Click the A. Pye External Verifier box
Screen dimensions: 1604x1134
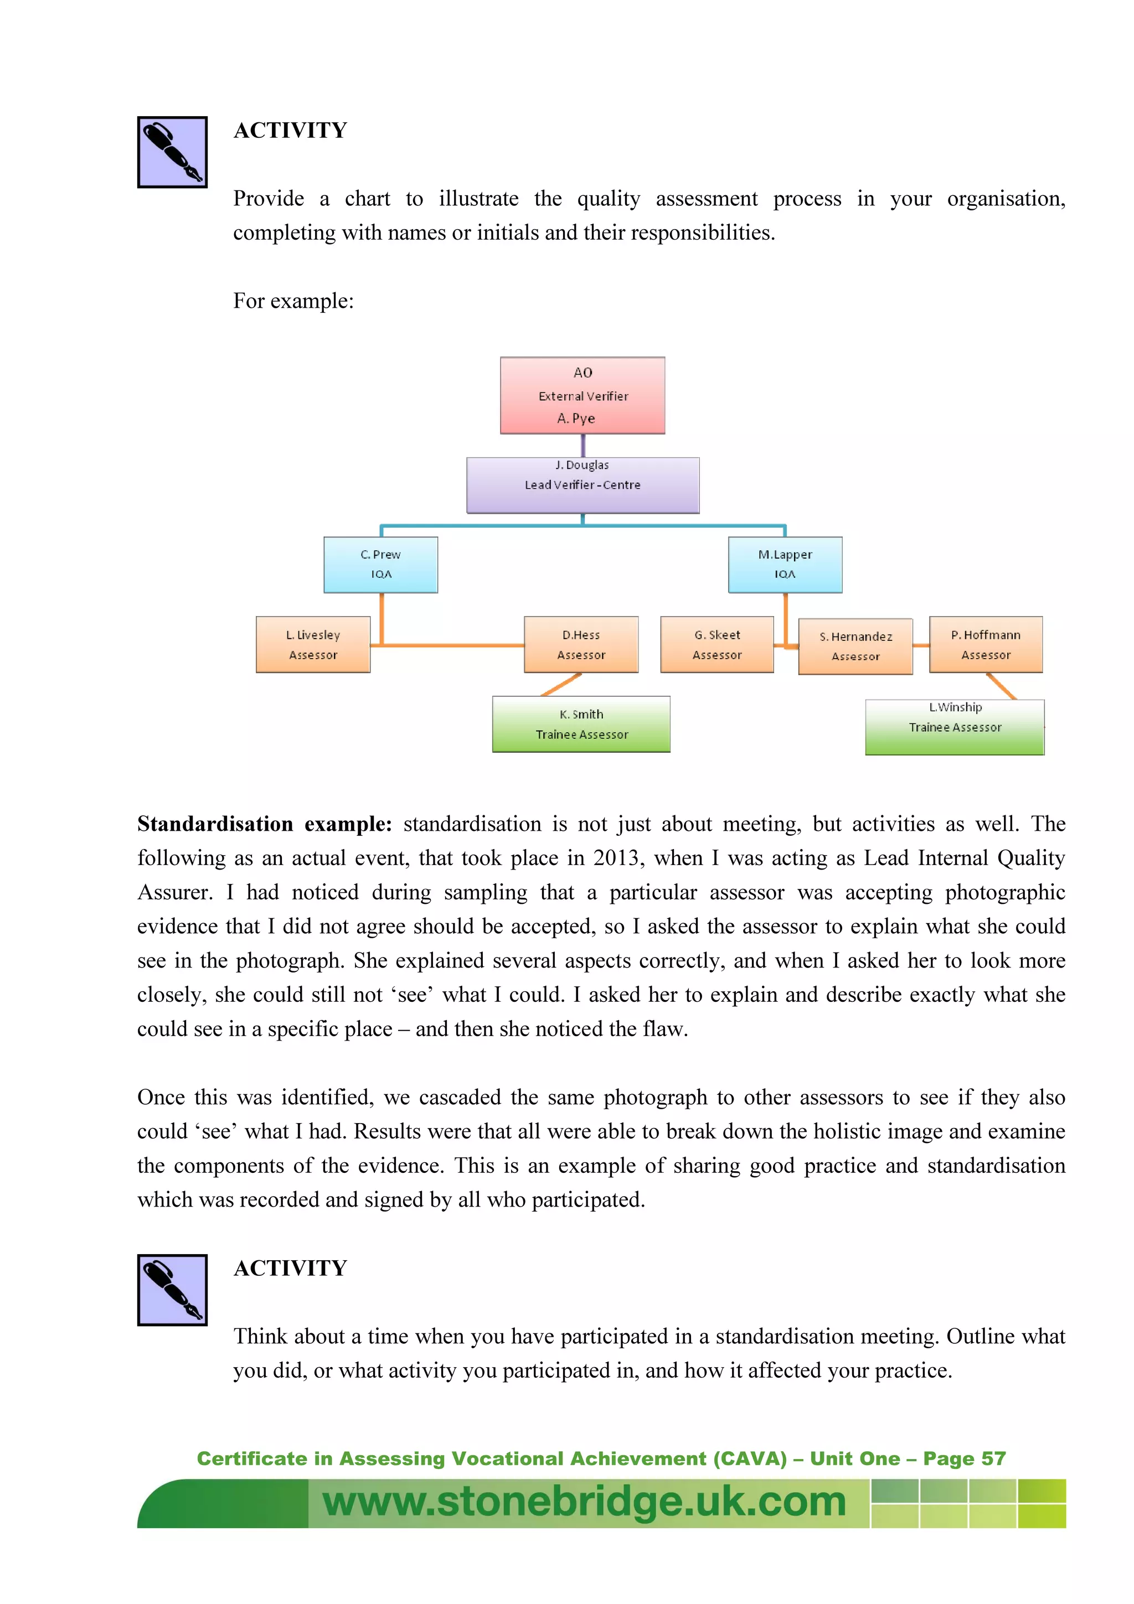click(x=582, y=395)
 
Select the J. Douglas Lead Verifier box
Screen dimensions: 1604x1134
click(x=582, y=485)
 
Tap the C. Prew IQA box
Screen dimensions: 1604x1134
click(x=381, y=565)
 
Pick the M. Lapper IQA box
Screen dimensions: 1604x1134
click(x=785, y=565)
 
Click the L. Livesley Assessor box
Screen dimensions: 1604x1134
click(x=312, y=644)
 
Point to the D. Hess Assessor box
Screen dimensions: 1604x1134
click(x=581, y=644)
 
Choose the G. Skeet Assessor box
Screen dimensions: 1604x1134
click(x=717, y=644)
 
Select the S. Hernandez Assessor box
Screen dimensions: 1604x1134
click(x=855, y=646)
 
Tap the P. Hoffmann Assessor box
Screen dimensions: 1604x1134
click(x=985, y=644)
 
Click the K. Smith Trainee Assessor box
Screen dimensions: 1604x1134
click(x=581, y=724)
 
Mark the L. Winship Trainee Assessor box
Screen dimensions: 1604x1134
click(x=955, y=727)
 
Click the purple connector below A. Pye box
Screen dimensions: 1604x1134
click(x=583, y=446)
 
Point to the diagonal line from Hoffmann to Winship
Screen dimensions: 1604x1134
click(x=1001, y=686)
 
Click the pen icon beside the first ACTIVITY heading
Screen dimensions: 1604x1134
click(x=172, y=152)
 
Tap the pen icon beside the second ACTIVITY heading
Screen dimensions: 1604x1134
click(x=172, y=1290)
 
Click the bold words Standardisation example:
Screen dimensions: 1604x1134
click(x=264, y=824)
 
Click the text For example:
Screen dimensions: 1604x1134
click(x=293, y=301)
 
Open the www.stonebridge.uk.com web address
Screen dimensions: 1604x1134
click(x=584, y=1502)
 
